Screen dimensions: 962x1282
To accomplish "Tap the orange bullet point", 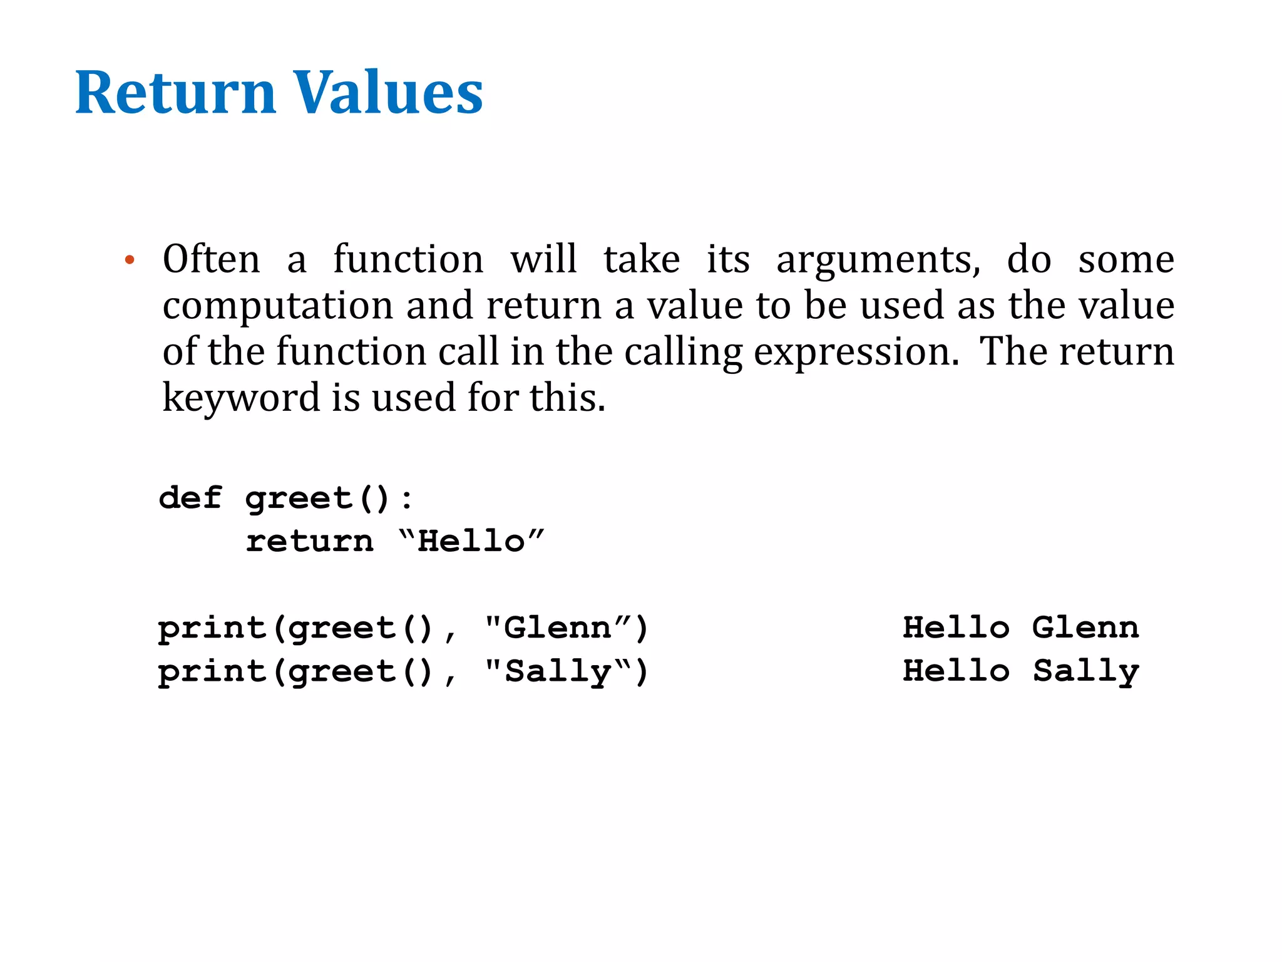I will tap(130, 261).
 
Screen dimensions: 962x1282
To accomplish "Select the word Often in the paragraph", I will tap(211, 259).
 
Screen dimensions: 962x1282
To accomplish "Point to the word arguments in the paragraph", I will tap(878, 260).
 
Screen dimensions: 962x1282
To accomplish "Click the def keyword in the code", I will tap(190, 498).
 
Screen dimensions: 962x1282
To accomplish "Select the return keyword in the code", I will tap(309, 541).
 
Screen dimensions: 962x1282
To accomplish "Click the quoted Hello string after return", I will tap(471, 541).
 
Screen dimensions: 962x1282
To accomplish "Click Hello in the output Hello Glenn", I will tap(956, 628).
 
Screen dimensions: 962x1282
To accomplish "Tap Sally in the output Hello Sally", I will tap(1086, 671).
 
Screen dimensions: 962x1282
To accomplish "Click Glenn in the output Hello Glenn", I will tap(1085, 628).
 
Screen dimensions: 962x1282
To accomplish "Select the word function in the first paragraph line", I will tap(408, 259).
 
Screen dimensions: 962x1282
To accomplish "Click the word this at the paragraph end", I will tap(567, 398).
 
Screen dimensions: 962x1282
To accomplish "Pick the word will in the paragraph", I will tap(543, 259).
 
